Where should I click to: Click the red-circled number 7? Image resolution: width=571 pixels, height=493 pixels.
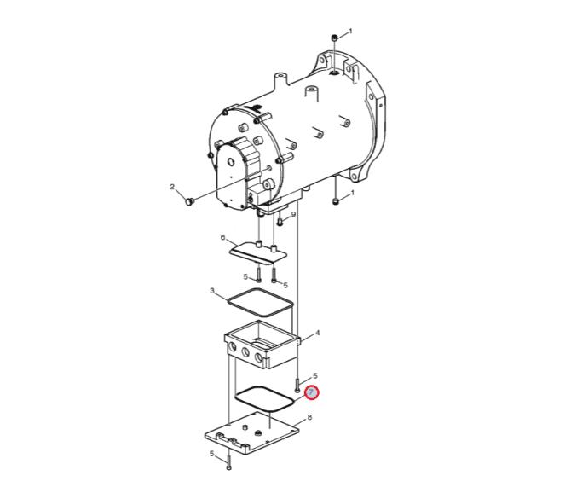point(311,392)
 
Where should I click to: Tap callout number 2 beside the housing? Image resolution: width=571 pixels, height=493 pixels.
point(172,187)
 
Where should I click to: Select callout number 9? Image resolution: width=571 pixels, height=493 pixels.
point(293,214)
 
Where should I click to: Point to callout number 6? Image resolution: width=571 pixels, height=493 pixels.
point(223,238)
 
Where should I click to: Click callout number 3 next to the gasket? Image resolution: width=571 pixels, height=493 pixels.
point(212,290)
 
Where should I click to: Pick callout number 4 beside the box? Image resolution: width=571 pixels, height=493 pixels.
point(317,333)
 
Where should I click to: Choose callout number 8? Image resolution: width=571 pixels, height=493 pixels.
point(309,417)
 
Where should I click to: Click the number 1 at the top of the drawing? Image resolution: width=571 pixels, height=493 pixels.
point(350,31)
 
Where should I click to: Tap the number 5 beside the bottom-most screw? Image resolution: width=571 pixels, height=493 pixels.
point(211,454)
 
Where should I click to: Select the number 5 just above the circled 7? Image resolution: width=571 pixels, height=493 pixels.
point(315,375)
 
